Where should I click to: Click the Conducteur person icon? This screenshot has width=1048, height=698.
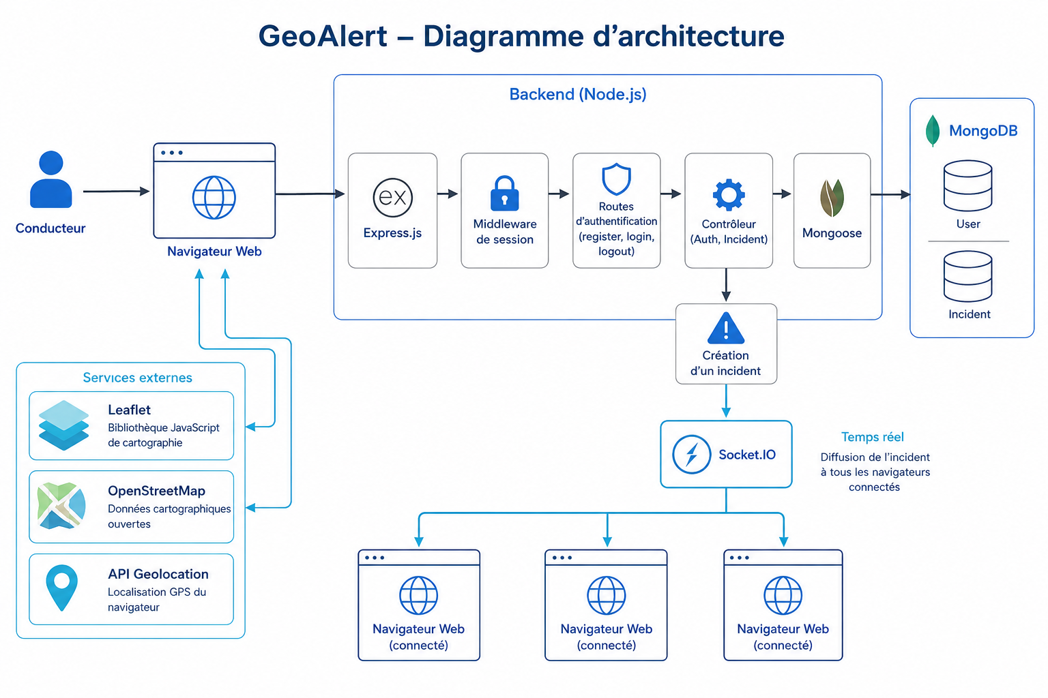[51, 179]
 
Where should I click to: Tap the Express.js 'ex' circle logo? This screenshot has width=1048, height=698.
[392, 198]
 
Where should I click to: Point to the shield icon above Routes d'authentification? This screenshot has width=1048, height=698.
[616, 179]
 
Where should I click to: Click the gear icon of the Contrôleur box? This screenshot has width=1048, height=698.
[729, 194]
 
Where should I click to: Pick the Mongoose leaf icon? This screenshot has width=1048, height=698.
[832, 198]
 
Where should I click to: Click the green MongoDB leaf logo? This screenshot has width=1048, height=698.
[933, 131]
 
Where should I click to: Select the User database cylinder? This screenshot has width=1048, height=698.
[967, 186]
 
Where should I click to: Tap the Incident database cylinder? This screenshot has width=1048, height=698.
[967, 276]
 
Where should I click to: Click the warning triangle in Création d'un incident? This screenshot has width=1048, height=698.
[726, 328]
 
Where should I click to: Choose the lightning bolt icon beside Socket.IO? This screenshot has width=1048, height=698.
[691, 455]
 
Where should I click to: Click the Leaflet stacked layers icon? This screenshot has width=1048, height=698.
[63, 425]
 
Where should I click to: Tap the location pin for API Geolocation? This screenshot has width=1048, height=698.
[61, 588]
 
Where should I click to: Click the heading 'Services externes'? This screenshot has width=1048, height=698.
[138, 378]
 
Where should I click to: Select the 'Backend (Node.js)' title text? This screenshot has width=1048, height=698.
[578, 95]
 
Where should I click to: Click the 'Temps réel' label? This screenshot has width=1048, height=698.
[872, 437]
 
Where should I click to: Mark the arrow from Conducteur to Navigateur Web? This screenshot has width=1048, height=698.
[117, 192]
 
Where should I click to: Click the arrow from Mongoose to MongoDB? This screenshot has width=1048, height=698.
[890, 194]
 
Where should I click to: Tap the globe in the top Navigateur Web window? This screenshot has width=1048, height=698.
[214, 198]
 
